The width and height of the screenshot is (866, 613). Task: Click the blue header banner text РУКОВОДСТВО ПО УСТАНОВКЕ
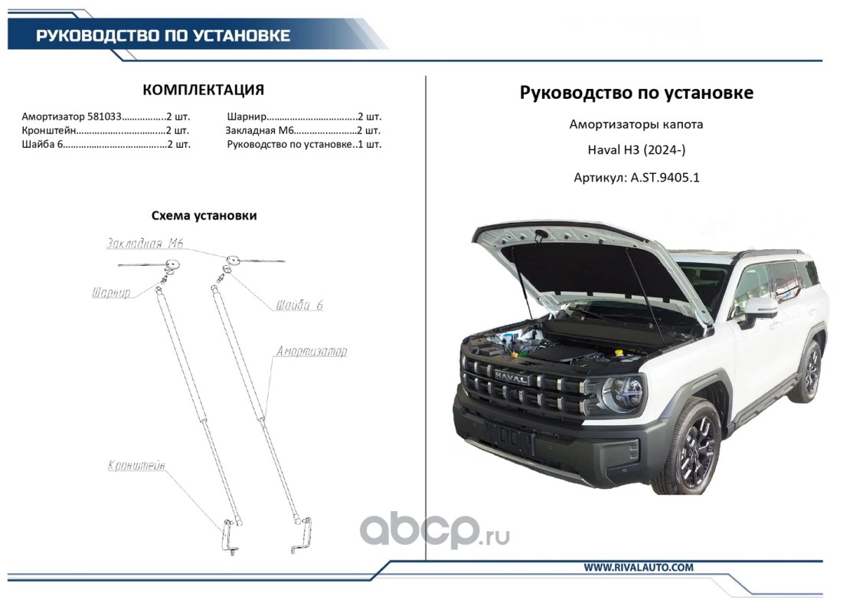pos(163,36)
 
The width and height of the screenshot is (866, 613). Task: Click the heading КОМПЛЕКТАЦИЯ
pos(203,90)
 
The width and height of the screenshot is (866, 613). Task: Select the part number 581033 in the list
pos(104,116)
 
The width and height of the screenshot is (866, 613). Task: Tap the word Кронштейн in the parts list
pos(48,130)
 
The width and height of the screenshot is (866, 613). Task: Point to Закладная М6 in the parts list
pos(260,130)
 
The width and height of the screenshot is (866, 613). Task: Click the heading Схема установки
pos(204,215)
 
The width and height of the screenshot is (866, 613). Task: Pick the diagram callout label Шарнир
pos(111,292)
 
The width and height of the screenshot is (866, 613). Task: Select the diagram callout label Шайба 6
pos(299,304)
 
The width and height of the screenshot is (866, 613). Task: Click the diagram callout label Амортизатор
pos(312,352)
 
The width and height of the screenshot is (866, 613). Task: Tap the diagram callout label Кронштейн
pos(136,465)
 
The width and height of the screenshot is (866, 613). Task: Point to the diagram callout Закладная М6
pos(145,243)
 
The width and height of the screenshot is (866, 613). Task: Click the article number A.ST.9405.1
pos(665,178)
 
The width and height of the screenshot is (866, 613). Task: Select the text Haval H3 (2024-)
pos(636,149)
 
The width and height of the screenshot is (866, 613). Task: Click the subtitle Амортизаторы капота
pos(636,124)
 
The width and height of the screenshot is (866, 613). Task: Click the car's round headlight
pos(623,394)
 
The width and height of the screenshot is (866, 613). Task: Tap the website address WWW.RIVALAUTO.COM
pos(639,567)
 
